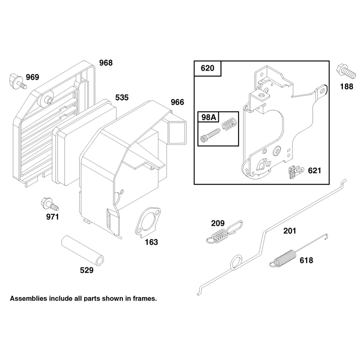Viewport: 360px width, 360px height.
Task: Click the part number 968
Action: point(106,63)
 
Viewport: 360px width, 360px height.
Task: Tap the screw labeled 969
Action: point(18,81)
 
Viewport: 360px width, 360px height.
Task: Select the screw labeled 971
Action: point(50,204)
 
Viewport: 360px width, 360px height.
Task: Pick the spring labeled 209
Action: point(224,232)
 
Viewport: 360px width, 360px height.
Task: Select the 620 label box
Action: point(207,68)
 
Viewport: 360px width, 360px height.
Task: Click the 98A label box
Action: point(208,117)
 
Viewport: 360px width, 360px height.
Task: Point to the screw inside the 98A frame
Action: point(210,136)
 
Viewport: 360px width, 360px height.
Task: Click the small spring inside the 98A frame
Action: point(229,125)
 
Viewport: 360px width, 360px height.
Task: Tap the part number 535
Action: point(122,98)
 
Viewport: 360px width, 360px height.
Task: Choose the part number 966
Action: point(177,102)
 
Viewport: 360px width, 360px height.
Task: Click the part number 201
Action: point(290,231)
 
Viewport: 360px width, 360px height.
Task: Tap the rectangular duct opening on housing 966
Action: point(177,133)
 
